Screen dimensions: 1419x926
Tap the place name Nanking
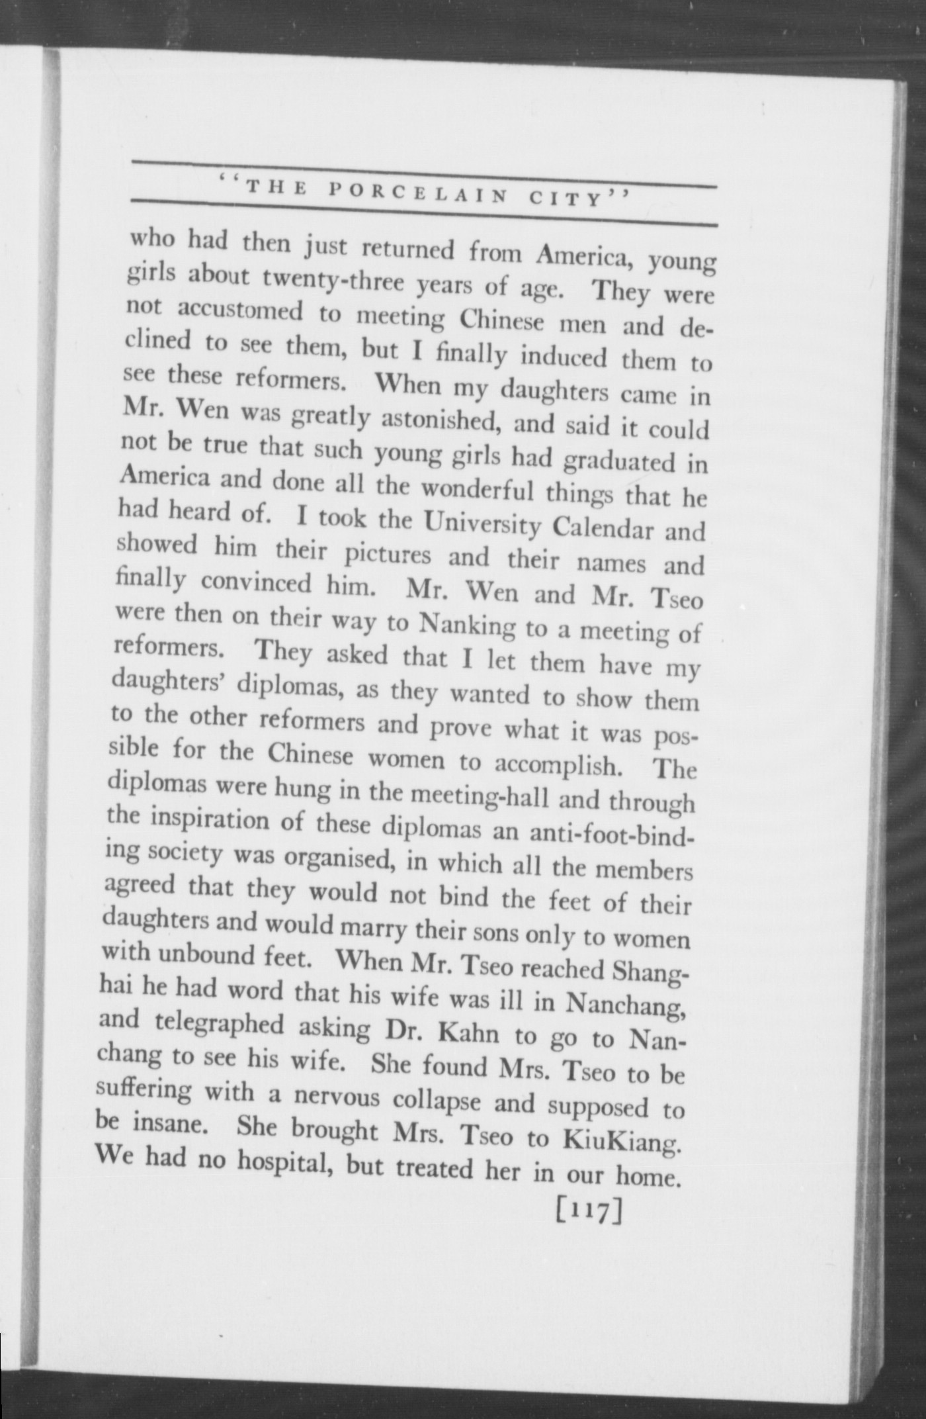468,624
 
